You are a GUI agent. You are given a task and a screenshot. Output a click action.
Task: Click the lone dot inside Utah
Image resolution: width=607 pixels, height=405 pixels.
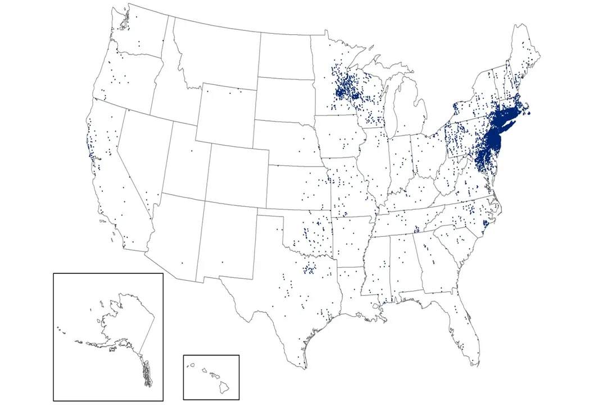click(191, 151)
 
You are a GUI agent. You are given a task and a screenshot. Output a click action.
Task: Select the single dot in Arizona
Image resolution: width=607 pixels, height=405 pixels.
click(182, 263)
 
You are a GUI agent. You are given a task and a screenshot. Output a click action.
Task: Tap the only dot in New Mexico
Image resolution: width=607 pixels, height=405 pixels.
click(222, 262)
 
